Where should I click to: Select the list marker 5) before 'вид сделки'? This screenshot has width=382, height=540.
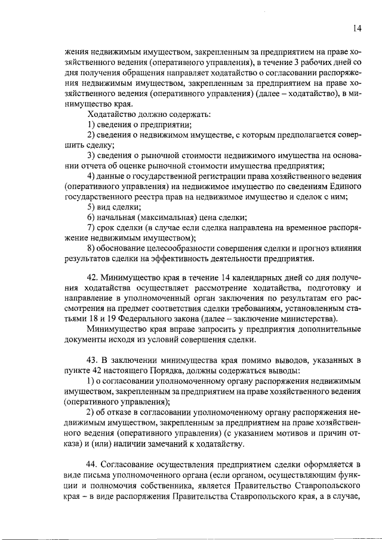92,207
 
